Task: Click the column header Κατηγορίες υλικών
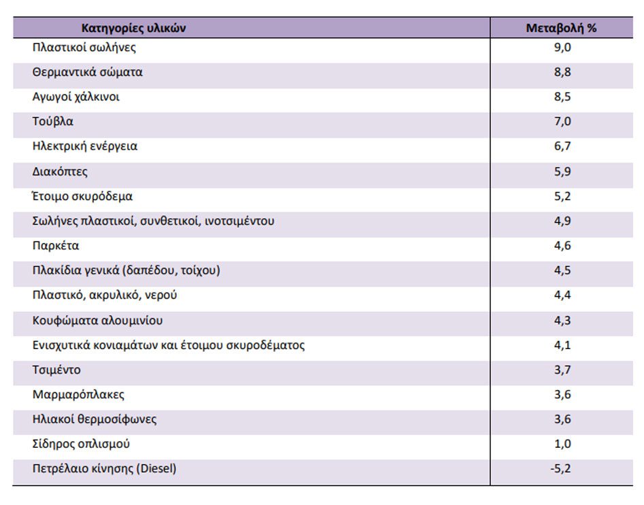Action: coord(133,28)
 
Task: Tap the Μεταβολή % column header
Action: coord(561,28)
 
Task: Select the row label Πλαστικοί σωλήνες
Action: coord(84,48)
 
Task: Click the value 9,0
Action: coord(562,48)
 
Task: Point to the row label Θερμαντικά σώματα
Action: coord(88,72)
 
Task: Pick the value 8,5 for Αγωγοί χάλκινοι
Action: coord(562,97)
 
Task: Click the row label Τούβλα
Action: coord(52,122)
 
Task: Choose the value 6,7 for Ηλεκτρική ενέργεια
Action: coord(562,146)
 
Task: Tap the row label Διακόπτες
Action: coord(60,172)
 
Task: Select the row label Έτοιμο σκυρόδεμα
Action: coord(82,197)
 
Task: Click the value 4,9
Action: coord(562,221)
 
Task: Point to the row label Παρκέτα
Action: coord(56,246)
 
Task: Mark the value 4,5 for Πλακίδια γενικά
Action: coord(562,270)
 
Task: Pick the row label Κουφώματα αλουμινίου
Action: coord(97,321)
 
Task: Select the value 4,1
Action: coord(562,345)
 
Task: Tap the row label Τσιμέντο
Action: coord(56,370)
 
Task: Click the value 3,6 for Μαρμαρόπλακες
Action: coord(562,395)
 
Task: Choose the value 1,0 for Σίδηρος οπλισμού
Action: coord(562,444)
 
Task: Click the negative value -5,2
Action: coord(560,468)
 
